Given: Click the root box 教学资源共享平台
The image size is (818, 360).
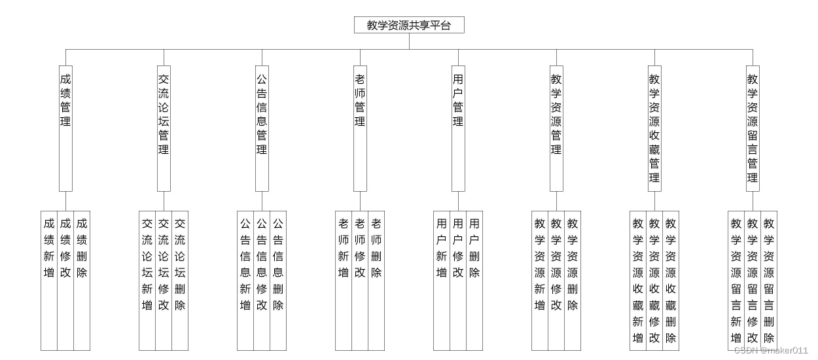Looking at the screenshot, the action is coord(409,25).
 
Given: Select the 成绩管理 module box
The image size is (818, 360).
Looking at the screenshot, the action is coord(65,128).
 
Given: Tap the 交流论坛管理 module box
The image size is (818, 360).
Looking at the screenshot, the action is coord(164,128).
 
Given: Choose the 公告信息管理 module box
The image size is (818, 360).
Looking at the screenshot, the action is coord(262,128).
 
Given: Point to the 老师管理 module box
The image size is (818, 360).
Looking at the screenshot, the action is coord(360,128).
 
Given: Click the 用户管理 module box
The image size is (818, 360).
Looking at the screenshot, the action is coord(458,128).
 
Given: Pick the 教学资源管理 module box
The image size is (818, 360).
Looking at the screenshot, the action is coord(556,128).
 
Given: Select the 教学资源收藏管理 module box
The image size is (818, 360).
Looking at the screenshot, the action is coord(654,128).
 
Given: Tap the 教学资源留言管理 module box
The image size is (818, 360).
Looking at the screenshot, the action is coord(753,128).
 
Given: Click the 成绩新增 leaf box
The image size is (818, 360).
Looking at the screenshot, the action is coord(49,280).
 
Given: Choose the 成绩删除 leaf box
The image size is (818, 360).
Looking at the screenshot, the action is coord(82,280).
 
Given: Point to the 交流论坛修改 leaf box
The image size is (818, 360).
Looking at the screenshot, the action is coord(164,280).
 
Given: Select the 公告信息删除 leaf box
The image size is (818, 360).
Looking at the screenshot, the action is coord(278,280).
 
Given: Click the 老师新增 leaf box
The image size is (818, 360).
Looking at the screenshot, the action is coord(344,280).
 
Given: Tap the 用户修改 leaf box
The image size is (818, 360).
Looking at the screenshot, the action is coord(458,280).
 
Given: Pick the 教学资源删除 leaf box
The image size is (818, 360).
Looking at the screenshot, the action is coord(573,280).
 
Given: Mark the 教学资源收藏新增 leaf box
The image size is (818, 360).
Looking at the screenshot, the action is coord(638,280).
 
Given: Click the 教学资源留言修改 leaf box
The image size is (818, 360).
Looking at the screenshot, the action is coord(753,280).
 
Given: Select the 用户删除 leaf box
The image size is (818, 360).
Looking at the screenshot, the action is coord(474,280).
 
